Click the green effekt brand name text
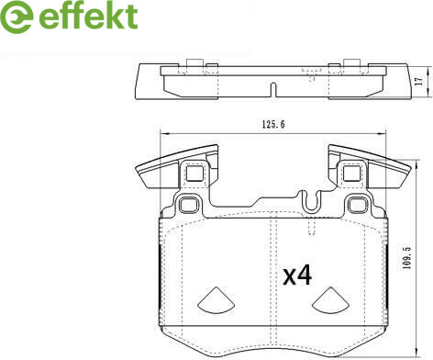(x=89, y=16)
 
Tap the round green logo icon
(x=17, y=17)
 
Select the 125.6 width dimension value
(x=273, y=124)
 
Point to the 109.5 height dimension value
(x=406, y=258)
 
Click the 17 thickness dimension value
(x=419, y=81)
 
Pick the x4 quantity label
(x=297, y=276)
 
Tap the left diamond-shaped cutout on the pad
(x=216, y=300)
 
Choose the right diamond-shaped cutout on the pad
(x=331, y=300)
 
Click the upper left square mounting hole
(x=194, y=173)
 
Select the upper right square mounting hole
(x=351, y=173)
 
